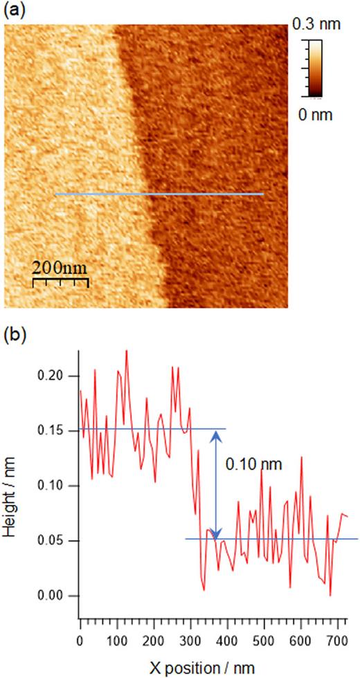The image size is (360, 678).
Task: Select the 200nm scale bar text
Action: tap(61, 266)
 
